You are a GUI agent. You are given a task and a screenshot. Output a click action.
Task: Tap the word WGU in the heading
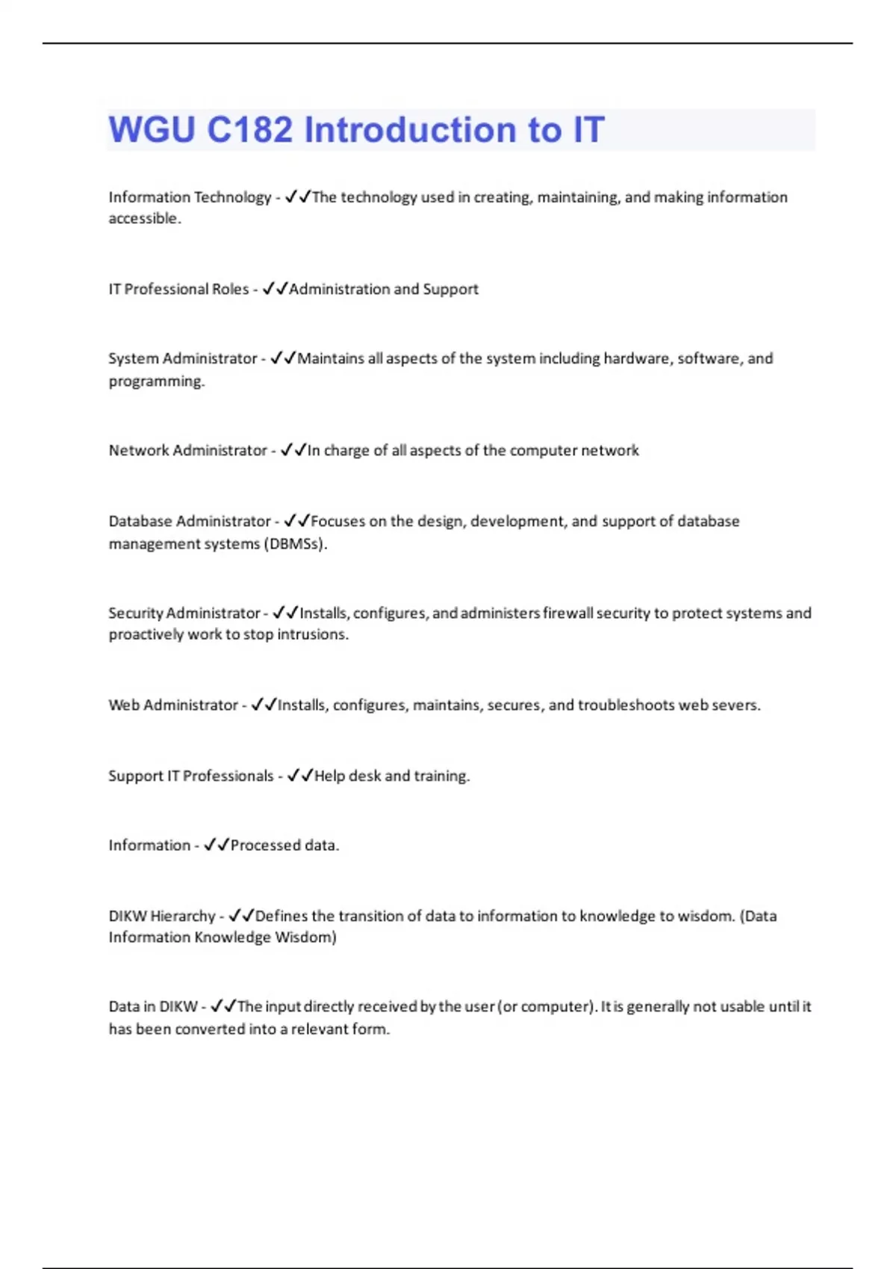coord(152,130)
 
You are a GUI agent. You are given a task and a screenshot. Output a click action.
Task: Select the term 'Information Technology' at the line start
coord(190,198)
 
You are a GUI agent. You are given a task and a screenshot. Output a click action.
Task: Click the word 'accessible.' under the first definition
coord(145,219)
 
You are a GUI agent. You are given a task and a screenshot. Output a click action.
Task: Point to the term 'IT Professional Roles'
coord(178,290)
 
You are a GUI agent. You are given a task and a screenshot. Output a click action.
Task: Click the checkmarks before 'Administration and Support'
coord(275,289)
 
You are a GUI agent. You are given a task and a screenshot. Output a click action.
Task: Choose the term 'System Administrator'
coord(182,359)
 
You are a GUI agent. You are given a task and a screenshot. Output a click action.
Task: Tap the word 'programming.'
coord(156,381)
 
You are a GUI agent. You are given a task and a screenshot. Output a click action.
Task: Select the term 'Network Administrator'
coord(187,451)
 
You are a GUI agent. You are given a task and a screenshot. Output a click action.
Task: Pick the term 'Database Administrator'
coord(190,521)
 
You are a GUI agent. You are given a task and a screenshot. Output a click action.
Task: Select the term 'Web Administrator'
coord(172,705)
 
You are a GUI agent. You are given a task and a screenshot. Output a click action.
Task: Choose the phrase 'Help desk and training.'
coord(392,776)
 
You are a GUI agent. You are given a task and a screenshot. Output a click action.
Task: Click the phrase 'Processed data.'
coord(284,846)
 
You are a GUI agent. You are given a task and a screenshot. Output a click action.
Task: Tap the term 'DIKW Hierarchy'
coord(161,916)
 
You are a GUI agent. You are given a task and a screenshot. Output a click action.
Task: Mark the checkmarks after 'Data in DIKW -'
coord(223,1006)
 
